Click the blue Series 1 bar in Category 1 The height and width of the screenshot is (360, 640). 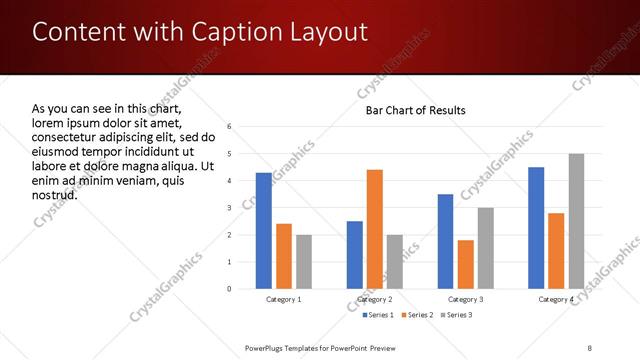tap(264, 231)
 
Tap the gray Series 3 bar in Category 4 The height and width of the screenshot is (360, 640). tap(576, 221)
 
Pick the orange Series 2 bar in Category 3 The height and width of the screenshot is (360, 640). tap(465, 264)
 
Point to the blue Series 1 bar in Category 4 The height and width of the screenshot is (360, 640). tap(536, 228)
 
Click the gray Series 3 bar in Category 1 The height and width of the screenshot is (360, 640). tap(304, 262)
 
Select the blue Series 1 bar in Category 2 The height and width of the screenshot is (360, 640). tap(355, 255)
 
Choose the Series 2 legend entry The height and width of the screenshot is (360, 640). tap(419, 315)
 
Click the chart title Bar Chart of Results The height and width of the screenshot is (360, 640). tap(415, 110)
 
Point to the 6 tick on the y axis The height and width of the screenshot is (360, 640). tap(230, 127)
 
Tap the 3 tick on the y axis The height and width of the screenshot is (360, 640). tap(230, 208)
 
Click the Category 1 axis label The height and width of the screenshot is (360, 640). tap(284, 299)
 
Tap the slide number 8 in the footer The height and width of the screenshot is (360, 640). tap(590, 347)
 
